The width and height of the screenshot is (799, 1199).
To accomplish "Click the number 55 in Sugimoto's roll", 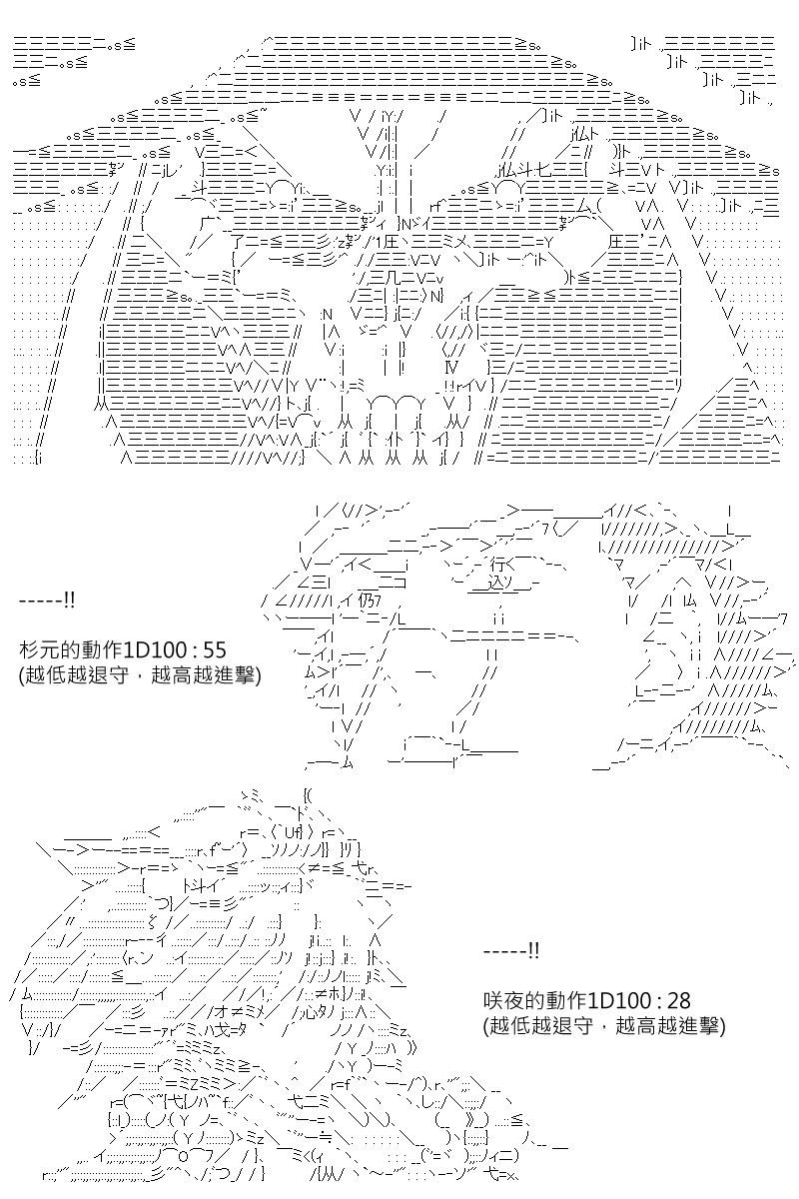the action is tap(215, 649).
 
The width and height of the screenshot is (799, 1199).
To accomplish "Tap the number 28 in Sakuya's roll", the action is tap(679, 1000).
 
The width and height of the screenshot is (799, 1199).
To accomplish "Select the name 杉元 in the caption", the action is tap(39, 649).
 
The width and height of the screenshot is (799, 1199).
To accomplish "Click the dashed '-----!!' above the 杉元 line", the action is tap(47, 600).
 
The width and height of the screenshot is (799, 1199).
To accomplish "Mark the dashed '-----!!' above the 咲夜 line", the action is tap(511, 951).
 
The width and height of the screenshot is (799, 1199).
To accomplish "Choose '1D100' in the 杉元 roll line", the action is tap(153, 649).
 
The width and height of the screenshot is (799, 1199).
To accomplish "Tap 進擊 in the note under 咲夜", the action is tap(699, 1025).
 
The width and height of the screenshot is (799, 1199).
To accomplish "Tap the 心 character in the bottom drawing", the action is tap(312, 1012).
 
